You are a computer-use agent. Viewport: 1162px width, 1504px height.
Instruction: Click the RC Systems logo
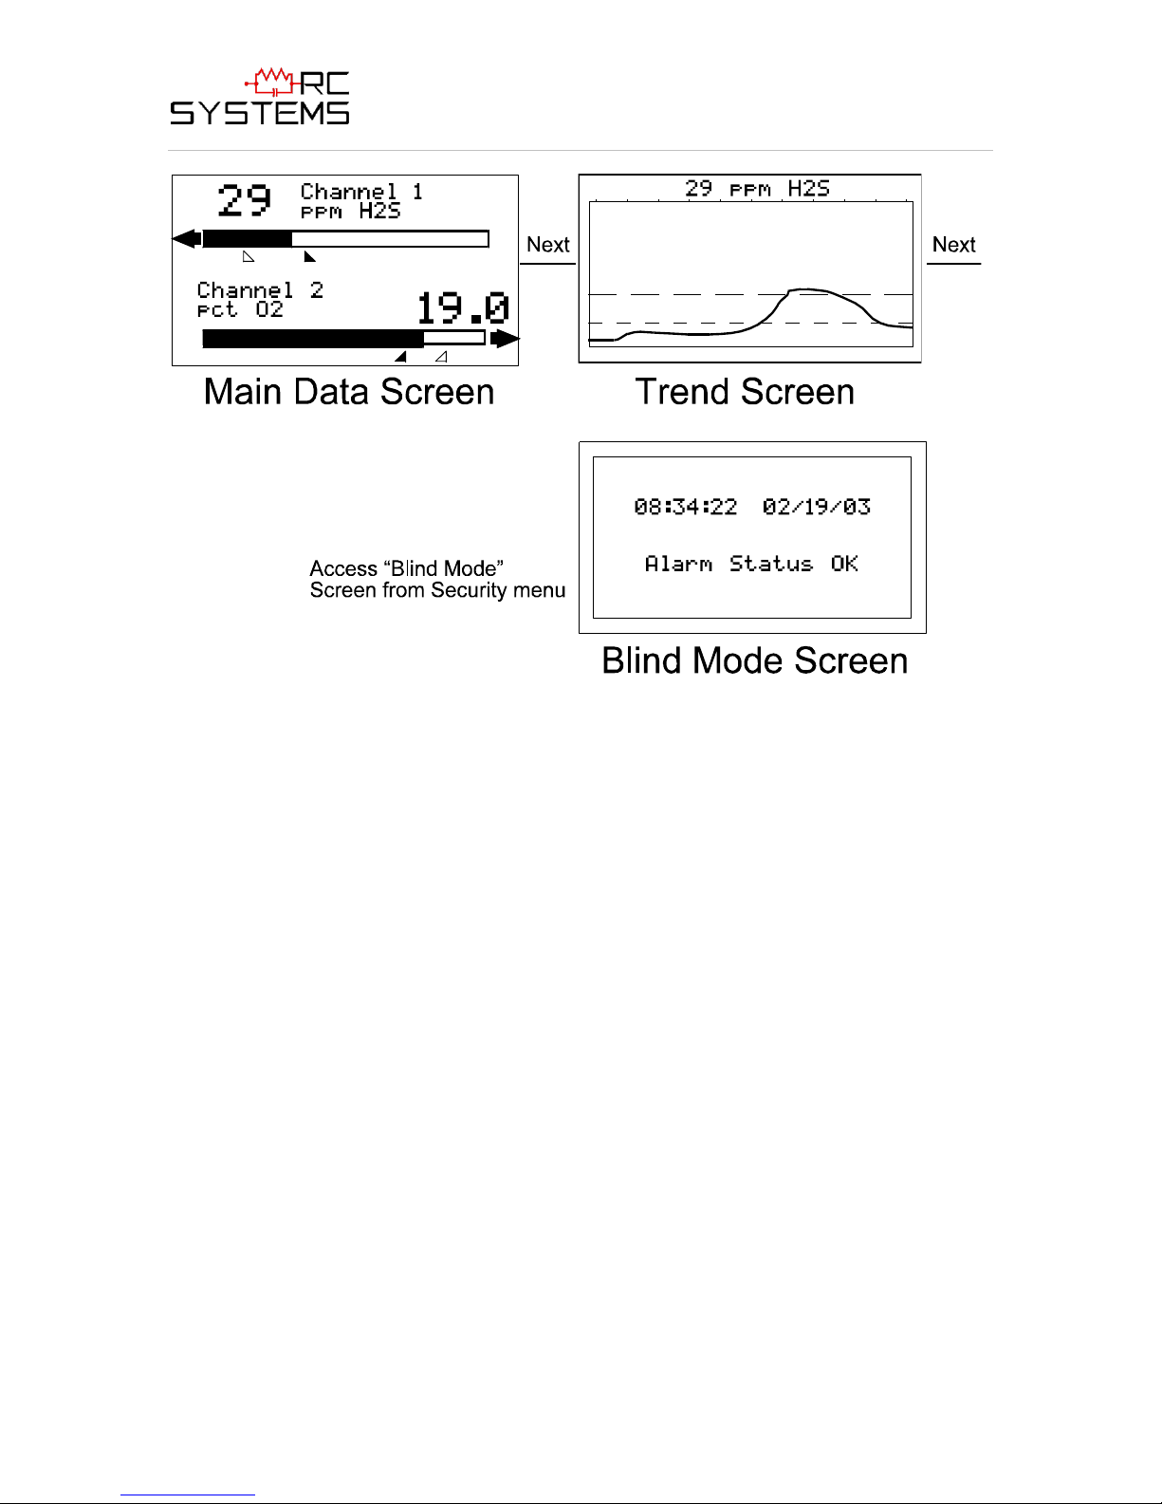tap(260, 97)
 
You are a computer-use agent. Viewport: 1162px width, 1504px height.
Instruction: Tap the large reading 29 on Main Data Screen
tap(244, 200)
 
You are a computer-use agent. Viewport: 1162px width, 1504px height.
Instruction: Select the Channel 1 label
tap(361, 192)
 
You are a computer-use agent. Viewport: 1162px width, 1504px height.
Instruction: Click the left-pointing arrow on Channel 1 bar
tap(187, 238)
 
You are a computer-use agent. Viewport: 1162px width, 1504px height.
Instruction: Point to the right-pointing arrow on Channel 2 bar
tap(506, 338)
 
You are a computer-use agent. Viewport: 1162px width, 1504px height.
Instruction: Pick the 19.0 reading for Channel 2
tap(462, 308)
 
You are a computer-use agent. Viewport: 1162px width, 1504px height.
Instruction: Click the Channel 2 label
tap(260, 290)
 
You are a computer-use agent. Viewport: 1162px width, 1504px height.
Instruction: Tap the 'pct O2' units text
tap(240, 310)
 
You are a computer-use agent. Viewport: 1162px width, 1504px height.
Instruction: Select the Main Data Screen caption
tap(348, 392)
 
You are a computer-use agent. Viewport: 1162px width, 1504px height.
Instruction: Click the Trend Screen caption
tap(745, 392)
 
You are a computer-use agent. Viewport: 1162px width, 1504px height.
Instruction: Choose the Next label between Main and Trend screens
tap(547, 245)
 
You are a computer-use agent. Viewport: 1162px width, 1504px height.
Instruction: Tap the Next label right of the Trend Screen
tap(953, 245)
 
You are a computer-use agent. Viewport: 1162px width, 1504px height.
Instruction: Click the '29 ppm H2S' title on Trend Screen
tap(757, 189)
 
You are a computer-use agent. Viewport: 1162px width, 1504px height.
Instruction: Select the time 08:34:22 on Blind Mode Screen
tap(685, 507)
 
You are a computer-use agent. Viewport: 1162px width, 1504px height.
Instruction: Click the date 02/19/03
tap(816, 507)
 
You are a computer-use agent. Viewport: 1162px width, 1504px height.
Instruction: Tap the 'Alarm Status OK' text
tap(751, 564)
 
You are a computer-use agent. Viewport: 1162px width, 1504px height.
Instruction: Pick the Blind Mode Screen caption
tap(754, 660)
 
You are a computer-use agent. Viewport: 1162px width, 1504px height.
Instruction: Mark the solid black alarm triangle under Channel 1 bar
tap(308, 257)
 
